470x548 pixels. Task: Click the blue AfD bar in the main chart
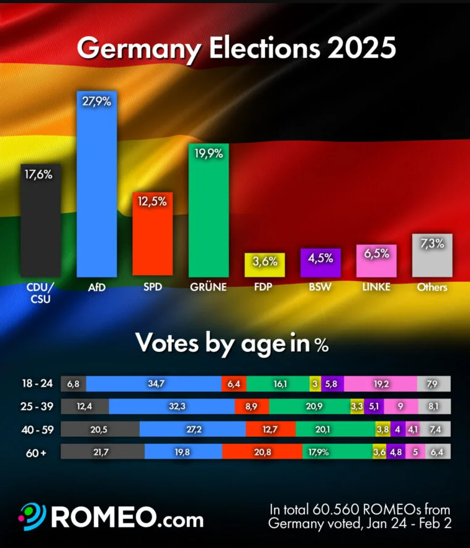tap(96, 186)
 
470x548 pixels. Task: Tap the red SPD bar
tap(152, 236)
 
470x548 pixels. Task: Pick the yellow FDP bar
tap(264, 265)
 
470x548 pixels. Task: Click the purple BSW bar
tap(320, 263)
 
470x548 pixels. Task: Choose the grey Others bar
tap(432, 256)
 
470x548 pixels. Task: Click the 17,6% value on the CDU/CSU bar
tap(38, 175)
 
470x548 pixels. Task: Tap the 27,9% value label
tap(97, 102)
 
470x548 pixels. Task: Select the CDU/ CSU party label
tap(40, 292)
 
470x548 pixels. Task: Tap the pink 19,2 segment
tap(380, 384)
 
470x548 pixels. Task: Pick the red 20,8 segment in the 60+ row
tap(261, 452)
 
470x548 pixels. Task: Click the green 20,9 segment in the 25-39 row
tap(309, 407)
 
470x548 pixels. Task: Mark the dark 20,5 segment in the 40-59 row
tap(100, 429)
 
